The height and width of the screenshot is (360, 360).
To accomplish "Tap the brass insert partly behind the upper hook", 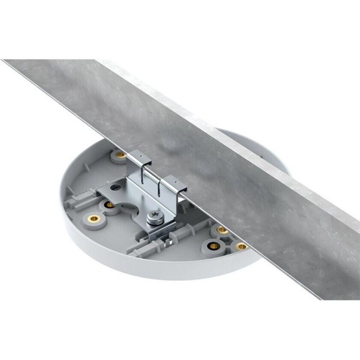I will tap(120, 154).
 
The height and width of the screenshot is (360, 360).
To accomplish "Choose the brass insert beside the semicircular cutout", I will tap(110, 205).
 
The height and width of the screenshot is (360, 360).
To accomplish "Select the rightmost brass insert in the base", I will tap(240, 246).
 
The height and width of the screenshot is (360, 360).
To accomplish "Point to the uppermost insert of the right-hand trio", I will tap(222, 229).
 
